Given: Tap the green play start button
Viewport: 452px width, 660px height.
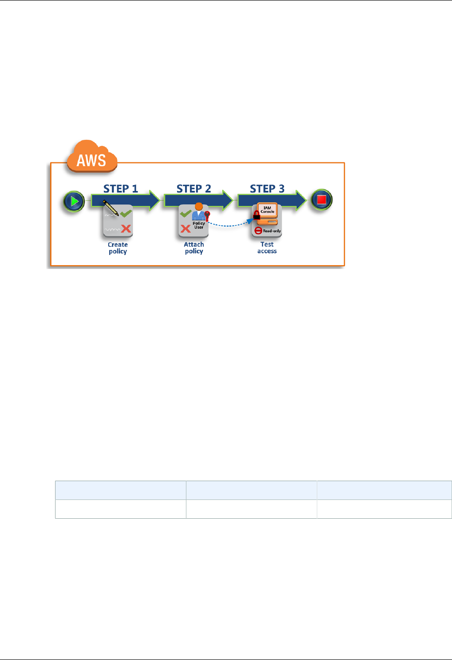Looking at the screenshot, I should (x=74, y=201).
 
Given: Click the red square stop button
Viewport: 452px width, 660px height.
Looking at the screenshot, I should (x=322, y=200).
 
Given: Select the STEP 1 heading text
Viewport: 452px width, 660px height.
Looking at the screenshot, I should (x=121, y=189).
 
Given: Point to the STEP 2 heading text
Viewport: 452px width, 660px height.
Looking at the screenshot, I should (x=194, y=189).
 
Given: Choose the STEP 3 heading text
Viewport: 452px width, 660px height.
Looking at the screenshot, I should (x=267, y=189).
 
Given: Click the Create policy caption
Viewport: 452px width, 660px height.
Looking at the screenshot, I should (x=118, y=248).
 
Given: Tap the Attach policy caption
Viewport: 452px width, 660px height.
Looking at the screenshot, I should (x=194, y=248).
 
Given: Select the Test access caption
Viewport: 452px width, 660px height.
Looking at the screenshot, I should (x=267, y=248).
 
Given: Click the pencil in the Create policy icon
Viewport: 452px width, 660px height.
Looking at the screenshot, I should (x=111, y=208).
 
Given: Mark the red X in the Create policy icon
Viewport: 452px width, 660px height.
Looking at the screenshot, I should (x=126, y=229).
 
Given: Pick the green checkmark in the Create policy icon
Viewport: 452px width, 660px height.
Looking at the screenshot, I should (x=127, y=213).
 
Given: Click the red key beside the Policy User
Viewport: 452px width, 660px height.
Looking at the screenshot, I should (x=208, y=215).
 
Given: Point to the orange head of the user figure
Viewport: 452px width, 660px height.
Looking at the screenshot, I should (x=198, y=206).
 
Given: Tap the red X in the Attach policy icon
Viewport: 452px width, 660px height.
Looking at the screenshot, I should (x=185, y=229).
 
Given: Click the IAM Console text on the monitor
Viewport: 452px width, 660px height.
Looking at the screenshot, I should (x=268, y=210).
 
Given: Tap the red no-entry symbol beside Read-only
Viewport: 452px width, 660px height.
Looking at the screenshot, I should (x=258, y=231).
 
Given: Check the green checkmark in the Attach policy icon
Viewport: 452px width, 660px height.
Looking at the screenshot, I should (x=185, y=213).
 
